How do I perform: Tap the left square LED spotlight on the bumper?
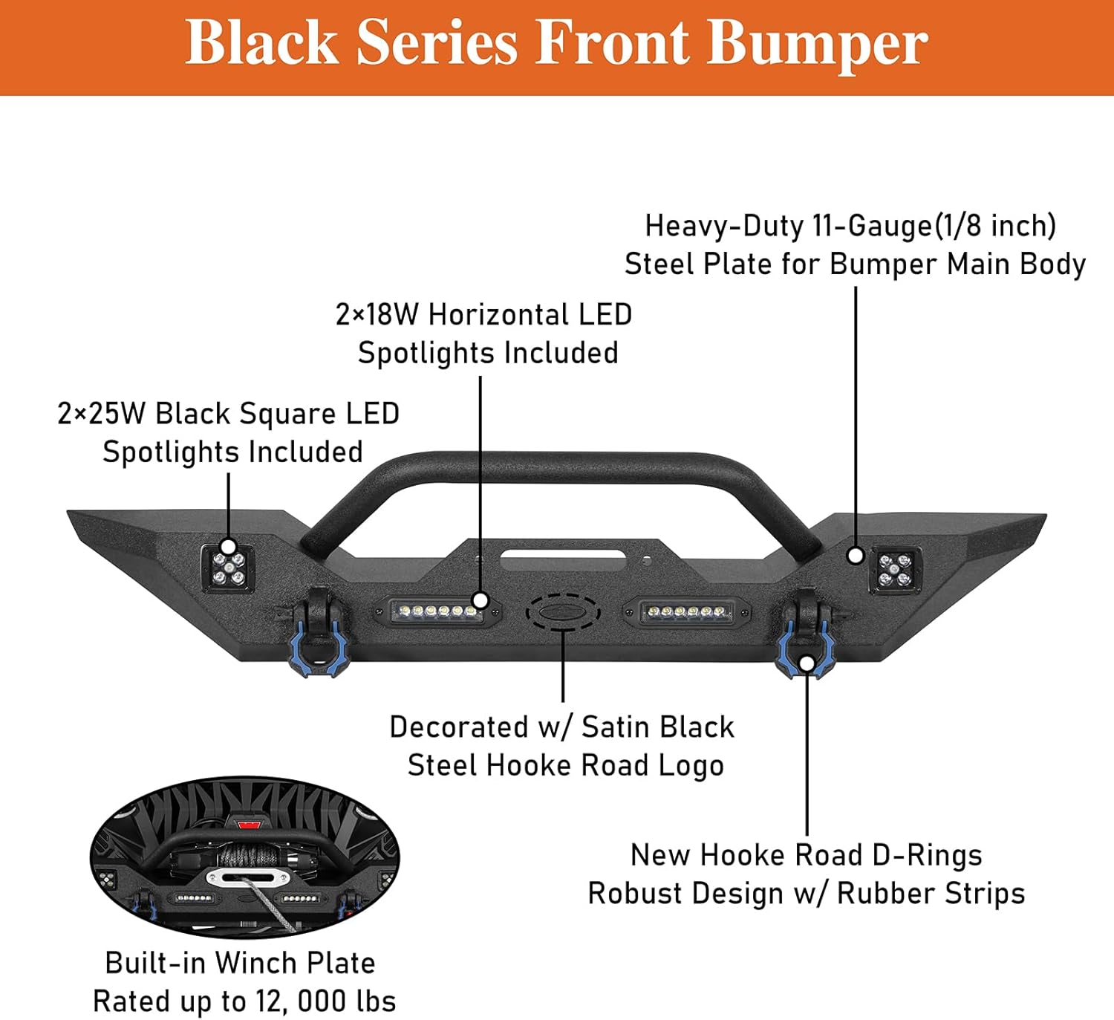click(228, 568)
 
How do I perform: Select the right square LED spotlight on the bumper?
click(895, 570)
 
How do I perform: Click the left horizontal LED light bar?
click(437, 611)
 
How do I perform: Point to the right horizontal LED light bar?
click(687, 612)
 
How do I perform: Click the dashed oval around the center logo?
click(563, 611)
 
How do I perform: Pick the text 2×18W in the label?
click(377, 314)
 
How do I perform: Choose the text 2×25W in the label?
click(101, 413)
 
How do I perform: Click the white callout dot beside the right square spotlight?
click(856, 555)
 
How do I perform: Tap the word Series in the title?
click(437, 43)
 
